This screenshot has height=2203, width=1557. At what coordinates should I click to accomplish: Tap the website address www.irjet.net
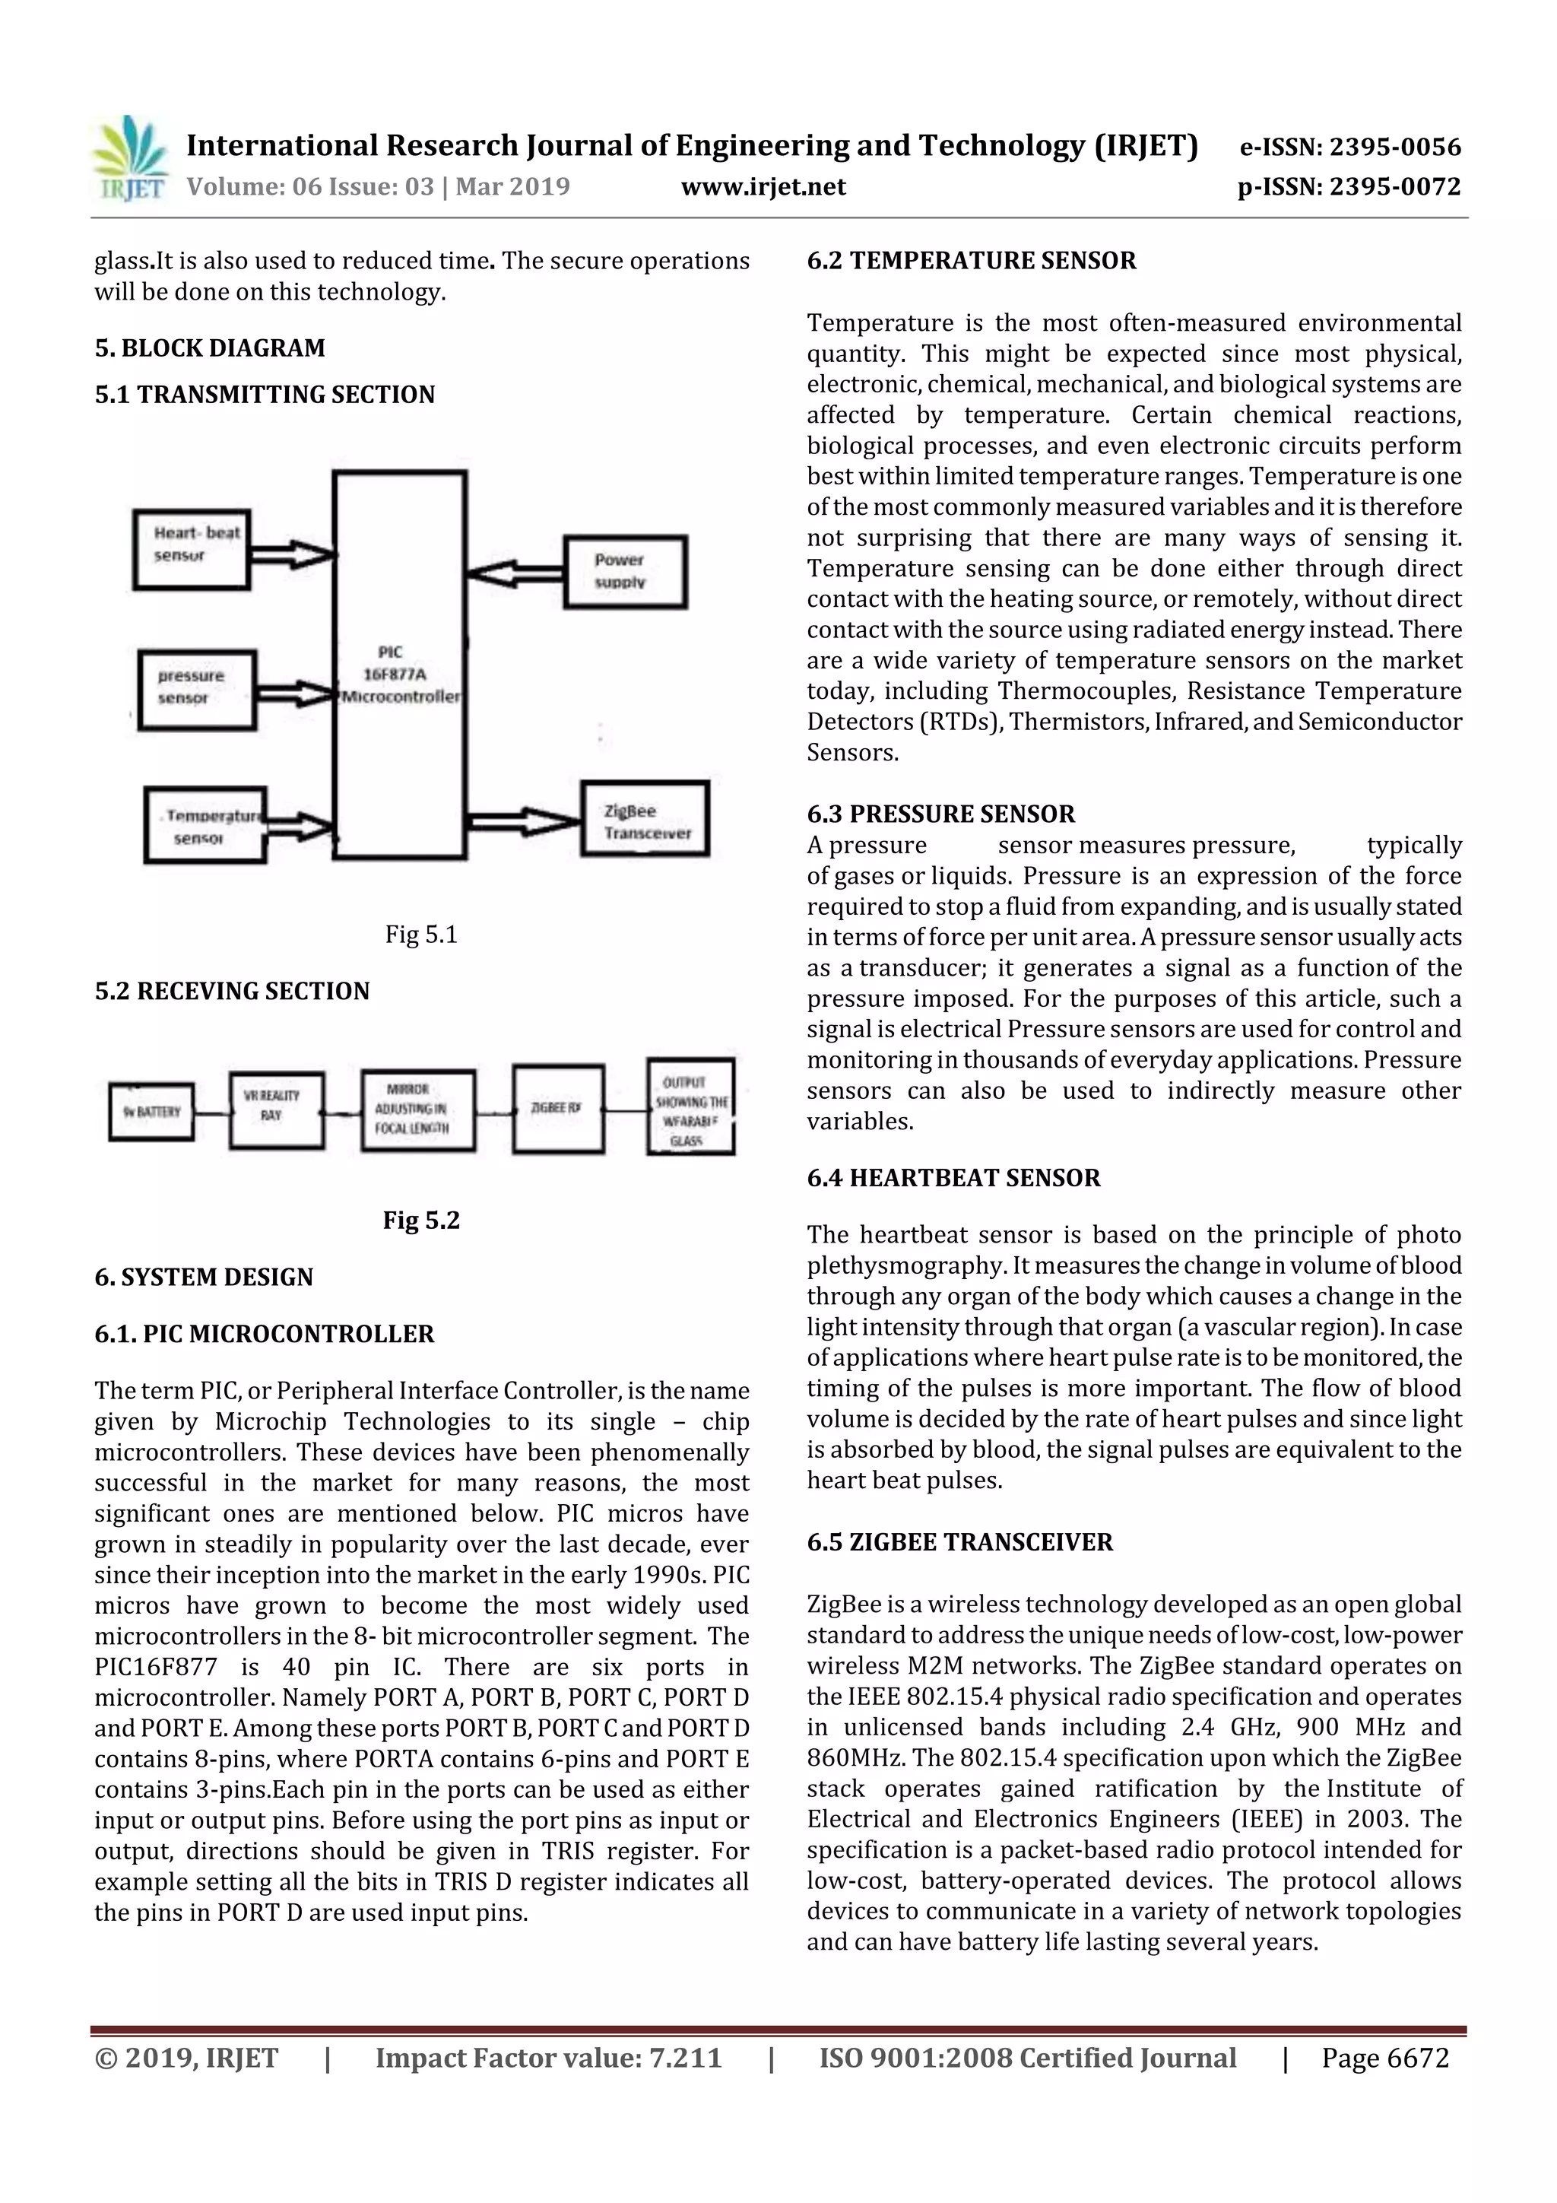(763, 186)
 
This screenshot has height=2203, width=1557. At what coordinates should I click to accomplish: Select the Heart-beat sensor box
(192, 549)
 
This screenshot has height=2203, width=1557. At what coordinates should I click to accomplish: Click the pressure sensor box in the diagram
(197, 689)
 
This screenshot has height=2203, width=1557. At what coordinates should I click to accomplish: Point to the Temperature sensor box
(205, 825)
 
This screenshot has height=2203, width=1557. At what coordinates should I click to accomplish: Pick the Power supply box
(624, 572)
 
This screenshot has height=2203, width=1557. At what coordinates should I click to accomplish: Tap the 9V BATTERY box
(151, 1112)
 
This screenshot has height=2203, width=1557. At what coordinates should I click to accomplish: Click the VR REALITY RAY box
(276, 1110)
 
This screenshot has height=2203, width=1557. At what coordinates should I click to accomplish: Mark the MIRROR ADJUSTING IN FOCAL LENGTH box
(417, 1110)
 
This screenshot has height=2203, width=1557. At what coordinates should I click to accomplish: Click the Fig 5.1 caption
(421, 935)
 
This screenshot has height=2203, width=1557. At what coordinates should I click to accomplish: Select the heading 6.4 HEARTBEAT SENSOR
(953, 1177)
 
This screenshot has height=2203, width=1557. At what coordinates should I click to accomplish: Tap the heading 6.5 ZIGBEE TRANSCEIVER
(959, 1542)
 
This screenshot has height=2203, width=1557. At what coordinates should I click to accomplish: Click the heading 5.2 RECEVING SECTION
(231, 991)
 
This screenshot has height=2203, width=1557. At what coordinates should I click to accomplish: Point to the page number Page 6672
(1384, 2058)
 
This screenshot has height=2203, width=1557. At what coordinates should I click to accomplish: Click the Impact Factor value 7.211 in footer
(548, 2058)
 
